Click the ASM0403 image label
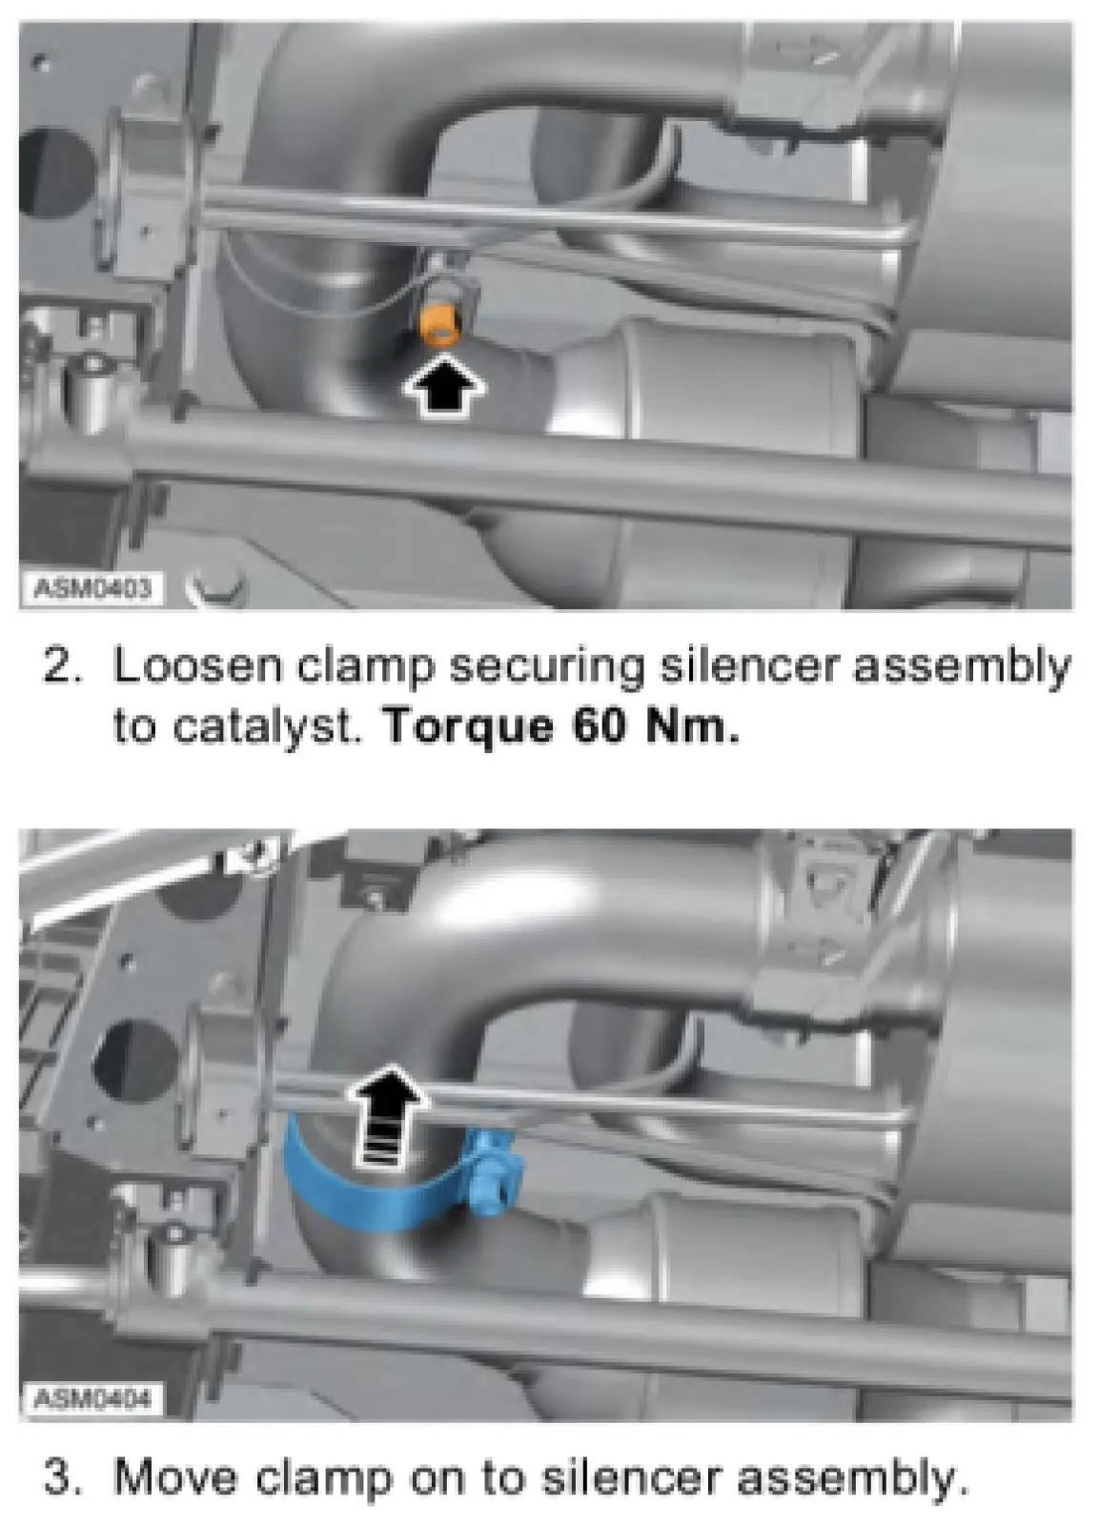tap(92, 587)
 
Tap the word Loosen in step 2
tap(197, 666)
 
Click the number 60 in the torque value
tap(600, 726)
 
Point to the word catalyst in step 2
tap(266, 728)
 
